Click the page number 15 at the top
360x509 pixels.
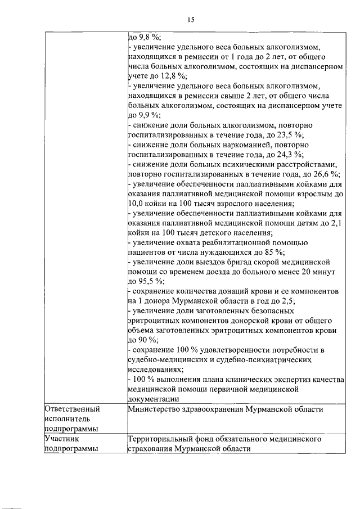pos(191,20)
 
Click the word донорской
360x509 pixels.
pos(238,320)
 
